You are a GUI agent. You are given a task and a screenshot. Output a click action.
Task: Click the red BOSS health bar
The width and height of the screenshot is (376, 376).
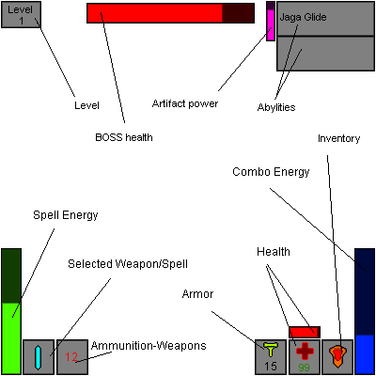(x=155, y=13)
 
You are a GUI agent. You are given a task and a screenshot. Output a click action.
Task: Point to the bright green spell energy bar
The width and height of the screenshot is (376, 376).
(x=10, y=337)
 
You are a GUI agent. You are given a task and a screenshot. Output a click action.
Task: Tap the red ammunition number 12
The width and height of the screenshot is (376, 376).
(x=72, y=357)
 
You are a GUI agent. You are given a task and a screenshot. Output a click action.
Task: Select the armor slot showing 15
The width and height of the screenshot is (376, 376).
(x=271, y=356)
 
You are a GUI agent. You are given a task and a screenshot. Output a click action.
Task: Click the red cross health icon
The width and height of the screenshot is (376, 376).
(x=305, y=352)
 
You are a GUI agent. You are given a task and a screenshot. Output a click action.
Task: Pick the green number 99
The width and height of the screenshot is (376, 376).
(x=305, y=368)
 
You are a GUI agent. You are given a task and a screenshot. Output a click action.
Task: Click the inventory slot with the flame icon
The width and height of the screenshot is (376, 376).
(x=337, y=356)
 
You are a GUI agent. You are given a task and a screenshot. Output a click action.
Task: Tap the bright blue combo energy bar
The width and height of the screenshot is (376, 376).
(x=365, y=353)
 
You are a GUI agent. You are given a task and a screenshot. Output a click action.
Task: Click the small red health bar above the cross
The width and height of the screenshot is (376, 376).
(x=305, y=332)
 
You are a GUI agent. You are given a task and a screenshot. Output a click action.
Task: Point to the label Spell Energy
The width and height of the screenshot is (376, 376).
(x=66, y=215)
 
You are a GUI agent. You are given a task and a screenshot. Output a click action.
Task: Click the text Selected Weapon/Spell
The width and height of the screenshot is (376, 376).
(x=119, y=264)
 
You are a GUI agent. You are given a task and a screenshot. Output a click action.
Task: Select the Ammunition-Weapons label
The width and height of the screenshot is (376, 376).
(x=149, y=346)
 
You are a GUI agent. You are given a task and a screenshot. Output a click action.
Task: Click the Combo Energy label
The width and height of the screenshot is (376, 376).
(x=273, y=171)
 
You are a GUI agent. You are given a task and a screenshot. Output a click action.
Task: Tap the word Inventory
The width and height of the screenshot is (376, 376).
(x=338, y=138)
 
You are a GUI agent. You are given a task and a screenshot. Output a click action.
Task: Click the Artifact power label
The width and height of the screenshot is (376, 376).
(x=184, y=103)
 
